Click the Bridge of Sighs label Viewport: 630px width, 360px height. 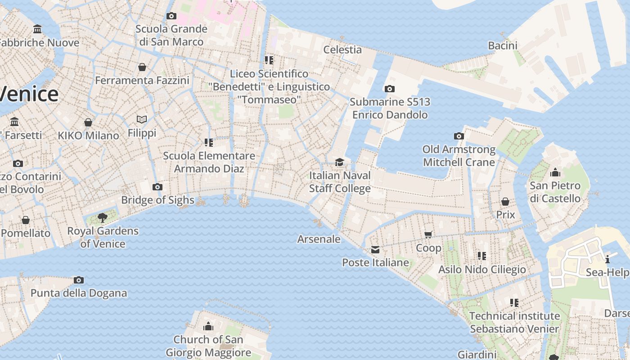(x=157, y=200)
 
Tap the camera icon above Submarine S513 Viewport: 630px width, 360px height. (x=390, y=89)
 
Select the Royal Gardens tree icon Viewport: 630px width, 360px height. (x=103, y=218)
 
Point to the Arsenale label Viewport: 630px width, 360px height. (x=319, y=239)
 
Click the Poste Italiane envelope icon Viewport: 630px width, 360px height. (x=375, y=250)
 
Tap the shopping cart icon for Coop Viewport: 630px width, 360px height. (x=428, y=234)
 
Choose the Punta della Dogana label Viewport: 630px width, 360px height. (x=79, y=293)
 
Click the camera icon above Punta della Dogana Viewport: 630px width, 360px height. (x=79, y=280)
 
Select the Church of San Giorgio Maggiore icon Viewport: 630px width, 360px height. (x=208, y=326)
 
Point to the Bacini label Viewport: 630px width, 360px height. (x=503, y=45)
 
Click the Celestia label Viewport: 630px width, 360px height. (x=342, y=49)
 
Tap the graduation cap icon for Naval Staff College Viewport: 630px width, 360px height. (x=340, y=162)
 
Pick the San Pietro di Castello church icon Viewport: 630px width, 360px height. (x=555, y=172)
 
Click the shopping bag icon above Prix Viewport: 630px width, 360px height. (x=505, y=202)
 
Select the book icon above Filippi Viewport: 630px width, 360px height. (x=142, y=120)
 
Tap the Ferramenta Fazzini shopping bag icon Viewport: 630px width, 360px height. (x=142, y=67)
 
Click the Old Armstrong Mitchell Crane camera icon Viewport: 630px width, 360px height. (x=459, y=136)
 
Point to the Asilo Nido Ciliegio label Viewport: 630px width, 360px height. (x=482, y=270)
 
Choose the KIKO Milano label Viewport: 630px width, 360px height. (x=88, y=135)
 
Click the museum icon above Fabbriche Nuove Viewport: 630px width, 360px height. (x=37, y=30)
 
